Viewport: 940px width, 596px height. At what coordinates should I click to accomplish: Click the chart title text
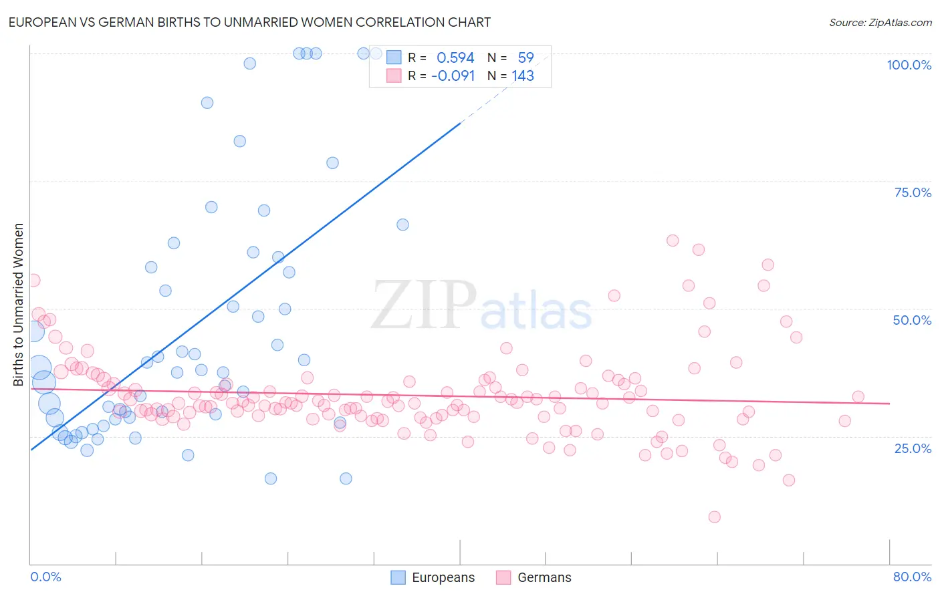249,22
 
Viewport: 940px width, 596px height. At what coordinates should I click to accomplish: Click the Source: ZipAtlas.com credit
880,22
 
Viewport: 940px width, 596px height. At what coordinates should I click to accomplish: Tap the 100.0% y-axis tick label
909,65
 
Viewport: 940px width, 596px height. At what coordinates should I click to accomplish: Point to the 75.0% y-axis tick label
913,192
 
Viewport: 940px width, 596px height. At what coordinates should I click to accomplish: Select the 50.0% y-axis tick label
912,320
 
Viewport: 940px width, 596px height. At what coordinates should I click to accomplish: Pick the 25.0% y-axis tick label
913,448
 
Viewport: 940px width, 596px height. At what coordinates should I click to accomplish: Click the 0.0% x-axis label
45,577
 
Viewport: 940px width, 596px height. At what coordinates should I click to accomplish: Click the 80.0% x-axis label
912,577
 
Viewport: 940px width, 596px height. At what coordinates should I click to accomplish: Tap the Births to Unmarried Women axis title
18,305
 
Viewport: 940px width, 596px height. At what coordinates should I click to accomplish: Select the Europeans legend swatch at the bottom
398,577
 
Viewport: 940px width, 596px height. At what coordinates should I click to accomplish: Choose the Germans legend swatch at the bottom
504,577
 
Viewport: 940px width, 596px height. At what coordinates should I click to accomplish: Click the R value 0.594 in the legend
455,57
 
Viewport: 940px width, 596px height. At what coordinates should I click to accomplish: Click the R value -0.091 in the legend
453,76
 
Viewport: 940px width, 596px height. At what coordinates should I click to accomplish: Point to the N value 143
523,76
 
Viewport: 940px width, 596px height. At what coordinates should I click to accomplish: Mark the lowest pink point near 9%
714,516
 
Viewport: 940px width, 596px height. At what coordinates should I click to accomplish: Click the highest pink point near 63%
673,241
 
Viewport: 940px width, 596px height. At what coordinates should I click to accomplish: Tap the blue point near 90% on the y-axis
207,103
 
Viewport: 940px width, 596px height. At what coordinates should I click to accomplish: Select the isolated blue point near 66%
402,225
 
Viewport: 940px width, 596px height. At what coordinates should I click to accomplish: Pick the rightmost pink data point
858,397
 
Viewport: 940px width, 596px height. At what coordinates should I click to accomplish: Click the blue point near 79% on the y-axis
332,163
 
